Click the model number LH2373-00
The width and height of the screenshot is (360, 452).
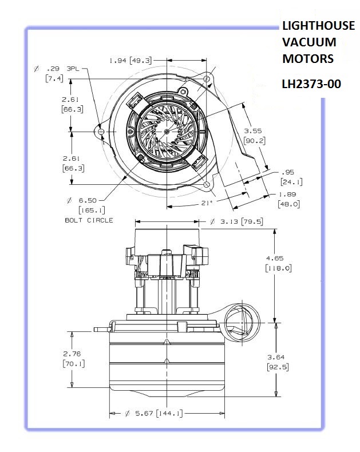311,84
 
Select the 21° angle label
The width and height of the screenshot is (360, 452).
207,203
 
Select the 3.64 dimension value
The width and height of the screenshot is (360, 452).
276,357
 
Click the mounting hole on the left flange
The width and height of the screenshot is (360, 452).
101,132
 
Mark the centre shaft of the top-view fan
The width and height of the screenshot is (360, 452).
165,131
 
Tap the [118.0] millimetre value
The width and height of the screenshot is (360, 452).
280,268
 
